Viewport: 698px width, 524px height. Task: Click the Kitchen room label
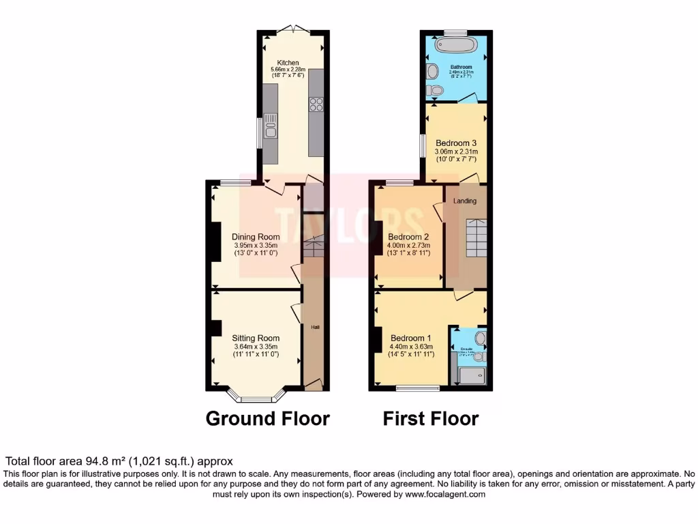click(288, 63)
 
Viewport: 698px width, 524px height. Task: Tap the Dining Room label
click(256, 237)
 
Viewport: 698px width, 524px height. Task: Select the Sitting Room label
click(256, 338)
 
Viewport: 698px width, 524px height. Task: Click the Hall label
click(315, 327)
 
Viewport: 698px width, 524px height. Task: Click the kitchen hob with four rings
click(316, 104)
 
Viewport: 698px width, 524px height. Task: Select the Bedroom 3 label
click(457, 143)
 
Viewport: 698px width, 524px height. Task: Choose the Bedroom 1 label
click(410, 338)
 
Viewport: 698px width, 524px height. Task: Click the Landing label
click(465, 201)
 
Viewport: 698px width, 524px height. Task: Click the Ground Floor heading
click(268, 418)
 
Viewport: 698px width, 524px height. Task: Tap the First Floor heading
click(431, 418)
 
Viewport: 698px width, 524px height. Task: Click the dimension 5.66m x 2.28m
click(288, 70)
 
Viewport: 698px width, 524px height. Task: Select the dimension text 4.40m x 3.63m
click(410, 347)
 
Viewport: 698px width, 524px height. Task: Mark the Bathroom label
click(461, 67)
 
